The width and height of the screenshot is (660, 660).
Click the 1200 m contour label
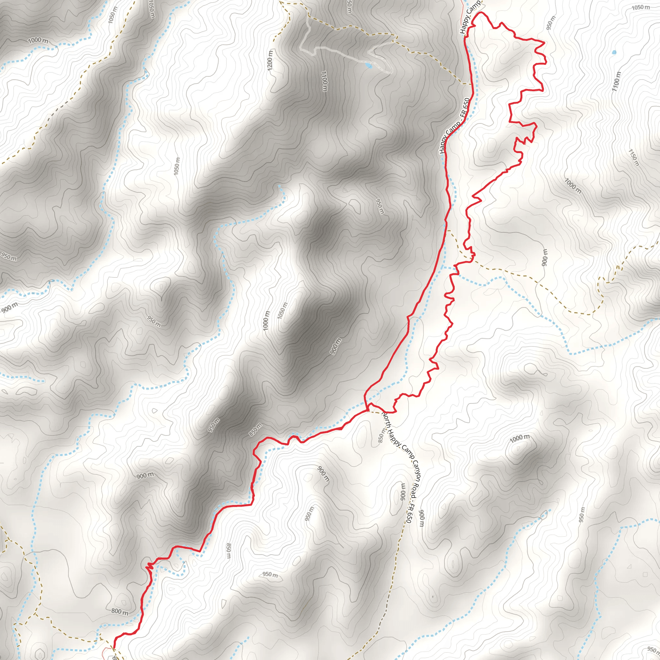[270, 61]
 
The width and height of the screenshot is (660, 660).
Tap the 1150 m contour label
[633, 158]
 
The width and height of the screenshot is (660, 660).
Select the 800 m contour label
[120, 611]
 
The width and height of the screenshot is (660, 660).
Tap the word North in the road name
[386, 420]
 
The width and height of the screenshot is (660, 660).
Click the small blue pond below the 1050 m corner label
[614, 52]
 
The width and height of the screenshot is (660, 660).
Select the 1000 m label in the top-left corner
[38, 41]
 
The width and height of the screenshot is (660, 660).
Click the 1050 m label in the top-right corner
[641, 7]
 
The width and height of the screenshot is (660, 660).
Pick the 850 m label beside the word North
[382, 436]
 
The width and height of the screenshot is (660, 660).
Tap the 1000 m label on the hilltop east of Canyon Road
[519, 438]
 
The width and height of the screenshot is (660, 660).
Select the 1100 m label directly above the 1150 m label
[616, 81]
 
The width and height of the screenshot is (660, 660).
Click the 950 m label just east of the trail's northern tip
[551, 23]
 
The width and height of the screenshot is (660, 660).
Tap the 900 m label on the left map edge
[9, 308]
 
